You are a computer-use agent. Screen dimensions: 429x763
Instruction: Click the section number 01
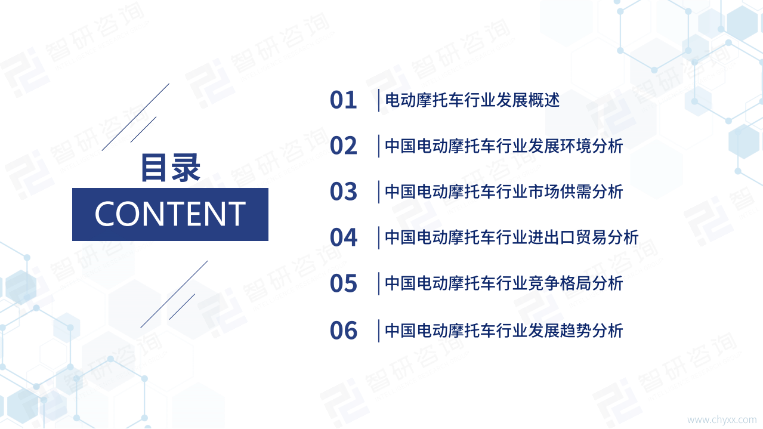(343, 100)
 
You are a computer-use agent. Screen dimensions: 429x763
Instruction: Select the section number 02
(343, 146)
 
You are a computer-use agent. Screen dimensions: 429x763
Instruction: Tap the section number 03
(343, 192)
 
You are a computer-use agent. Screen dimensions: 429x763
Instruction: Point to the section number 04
(343, 238)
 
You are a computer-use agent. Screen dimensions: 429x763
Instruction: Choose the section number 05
(343, 284)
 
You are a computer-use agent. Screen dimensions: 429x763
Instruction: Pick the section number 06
(343, 331)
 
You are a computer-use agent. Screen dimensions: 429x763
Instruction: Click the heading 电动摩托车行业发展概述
(472, 100)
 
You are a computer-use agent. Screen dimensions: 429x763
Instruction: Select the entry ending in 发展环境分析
(503, 146)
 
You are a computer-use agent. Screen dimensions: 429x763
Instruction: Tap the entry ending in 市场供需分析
(503, 192)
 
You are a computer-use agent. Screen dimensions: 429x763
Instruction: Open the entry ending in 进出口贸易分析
(511, 238)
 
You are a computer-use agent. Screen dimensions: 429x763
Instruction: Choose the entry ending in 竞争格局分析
(503, 283)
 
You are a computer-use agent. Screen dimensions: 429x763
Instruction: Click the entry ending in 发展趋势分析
(503, 331)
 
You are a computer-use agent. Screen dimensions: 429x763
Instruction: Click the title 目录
(170, 168)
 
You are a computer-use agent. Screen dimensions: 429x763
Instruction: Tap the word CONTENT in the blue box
(170, 214)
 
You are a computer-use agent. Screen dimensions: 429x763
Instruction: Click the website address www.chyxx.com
(722, 420)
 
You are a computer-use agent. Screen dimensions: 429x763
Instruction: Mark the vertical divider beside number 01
(379, 100)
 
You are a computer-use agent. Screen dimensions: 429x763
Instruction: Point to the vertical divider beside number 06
(379, 331)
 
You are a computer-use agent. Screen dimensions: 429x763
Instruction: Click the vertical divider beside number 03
(379, 192)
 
